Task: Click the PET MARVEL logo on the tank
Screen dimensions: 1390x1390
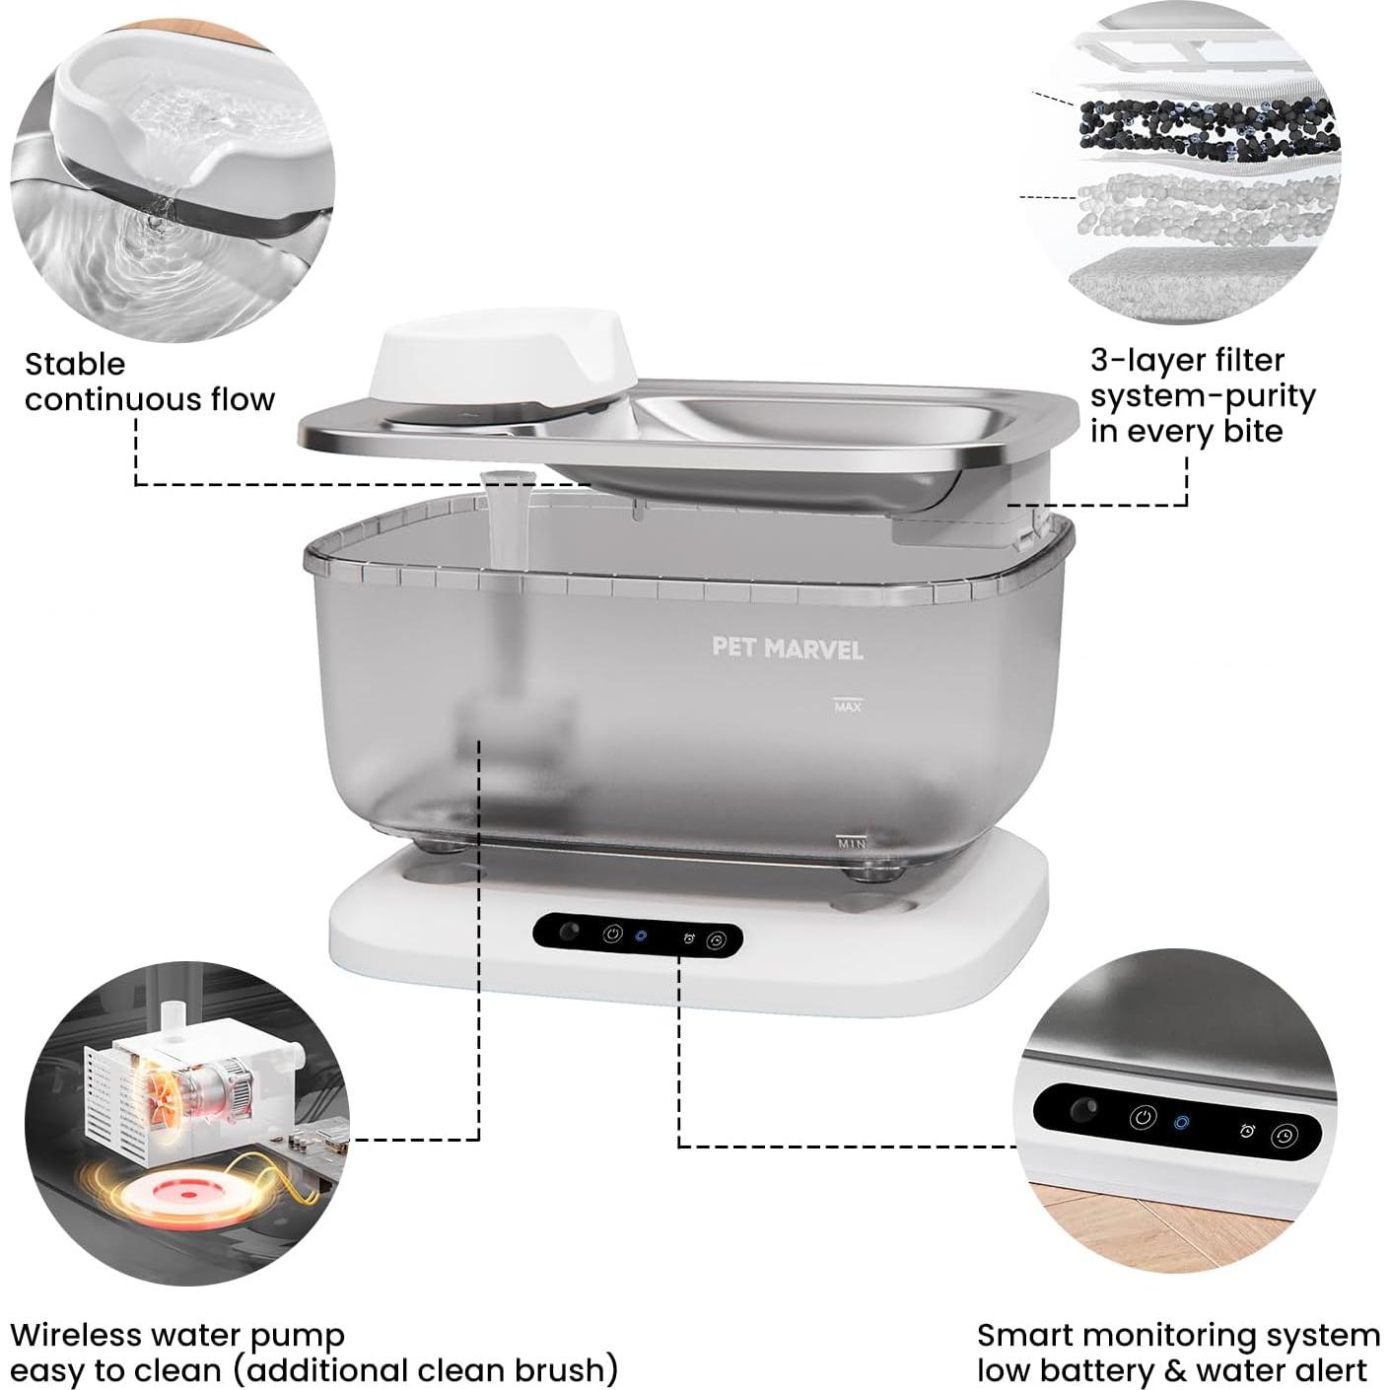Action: click(788, 648)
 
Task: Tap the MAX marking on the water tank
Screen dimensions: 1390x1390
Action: click(848, 706)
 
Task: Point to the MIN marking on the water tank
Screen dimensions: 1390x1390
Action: click(852, 843)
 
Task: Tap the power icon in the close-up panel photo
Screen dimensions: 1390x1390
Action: click(1143, 1118)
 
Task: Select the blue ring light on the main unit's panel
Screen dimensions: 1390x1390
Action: click(641, 936)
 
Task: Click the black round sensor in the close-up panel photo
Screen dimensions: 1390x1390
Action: click(1083, 1109)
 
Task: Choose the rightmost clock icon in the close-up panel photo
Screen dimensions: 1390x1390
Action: click(1283, 1136)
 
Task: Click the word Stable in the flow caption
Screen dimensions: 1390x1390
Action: click(75, 364)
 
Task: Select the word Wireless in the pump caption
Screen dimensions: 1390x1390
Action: click(76, 1335)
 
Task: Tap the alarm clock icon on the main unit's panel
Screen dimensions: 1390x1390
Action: click(689, 938)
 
